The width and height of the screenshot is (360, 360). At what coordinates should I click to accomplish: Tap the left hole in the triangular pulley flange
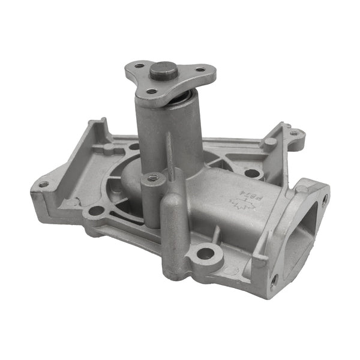point(139,65)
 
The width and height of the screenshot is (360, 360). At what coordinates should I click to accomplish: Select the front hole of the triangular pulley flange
point(152,91)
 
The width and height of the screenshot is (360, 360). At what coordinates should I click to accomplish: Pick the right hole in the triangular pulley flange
point(199,70)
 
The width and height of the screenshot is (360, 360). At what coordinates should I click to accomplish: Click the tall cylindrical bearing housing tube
point(162,132)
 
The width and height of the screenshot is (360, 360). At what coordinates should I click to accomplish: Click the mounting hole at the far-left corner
point(43,184)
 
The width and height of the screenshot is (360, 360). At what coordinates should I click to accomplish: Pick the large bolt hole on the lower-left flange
point(95,211)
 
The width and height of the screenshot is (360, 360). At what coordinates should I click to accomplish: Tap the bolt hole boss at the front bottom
point(205,254)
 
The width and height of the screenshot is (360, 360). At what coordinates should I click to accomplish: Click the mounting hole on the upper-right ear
point(294,133)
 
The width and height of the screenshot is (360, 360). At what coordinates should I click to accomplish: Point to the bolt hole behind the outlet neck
point(252,173)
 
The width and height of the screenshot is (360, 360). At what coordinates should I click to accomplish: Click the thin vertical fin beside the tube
point(169,153)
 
